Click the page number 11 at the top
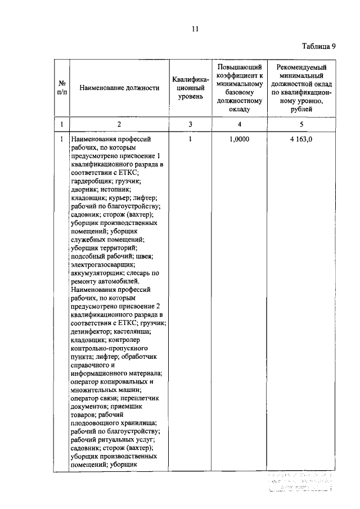click(195, 29)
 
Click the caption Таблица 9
click(318, 47)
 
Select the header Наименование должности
click(119, 88)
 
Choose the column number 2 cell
click(119, 124)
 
